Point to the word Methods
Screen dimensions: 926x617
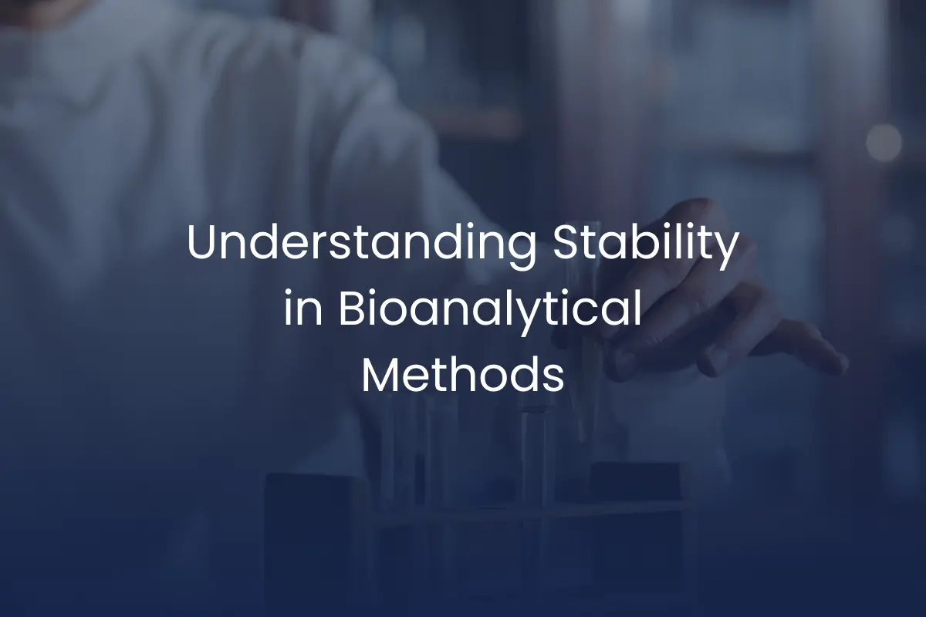pos(464,374)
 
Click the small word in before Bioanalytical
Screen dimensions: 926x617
pos(303,309)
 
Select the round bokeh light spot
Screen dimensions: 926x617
pos(884,142)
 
